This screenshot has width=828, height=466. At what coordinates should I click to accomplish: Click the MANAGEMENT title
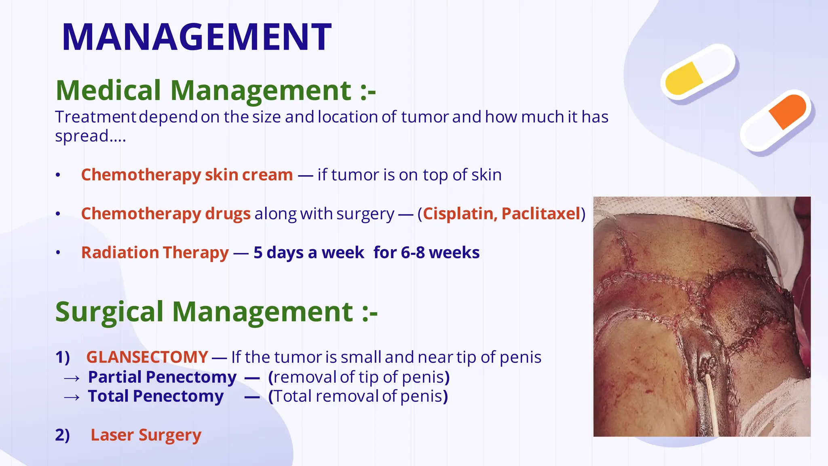point(196,37)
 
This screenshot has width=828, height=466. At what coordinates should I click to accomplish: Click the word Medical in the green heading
point(108,90)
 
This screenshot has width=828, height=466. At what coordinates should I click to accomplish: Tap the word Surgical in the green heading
point(109,312)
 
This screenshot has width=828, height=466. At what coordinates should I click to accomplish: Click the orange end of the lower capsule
point(788,111)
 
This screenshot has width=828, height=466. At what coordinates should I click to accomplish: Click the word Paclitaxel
point(541,214)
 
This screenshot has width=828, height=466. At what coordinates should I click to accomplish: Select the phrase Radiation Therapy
point(155,253)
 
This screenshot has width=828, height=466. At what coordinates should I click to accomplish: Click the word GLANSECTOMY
point(147,357)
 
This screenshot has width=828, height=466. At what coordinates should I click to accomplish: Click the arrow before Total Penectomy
point(72,398)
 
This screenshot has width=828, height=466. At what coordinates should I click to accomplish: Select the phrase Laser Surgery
point(146,435)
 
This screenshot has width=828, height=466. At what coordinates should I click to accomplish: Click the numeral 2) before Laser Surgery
point(62,435)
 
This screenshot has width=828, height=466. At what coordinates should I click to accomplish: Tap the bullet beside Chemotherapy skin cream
point(58,175)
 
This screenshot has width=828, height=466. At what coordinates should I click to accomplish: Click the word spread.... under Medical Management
point(90,136)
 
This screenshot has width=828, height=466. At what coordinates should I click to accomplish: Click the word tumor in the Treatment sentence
point(425,117)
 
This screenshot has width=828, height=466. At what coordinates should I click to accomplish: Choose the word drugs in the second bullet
point(228,214)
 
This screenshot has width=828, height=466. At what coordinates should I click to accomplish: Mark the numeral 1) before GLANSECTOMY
point(62,357)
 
